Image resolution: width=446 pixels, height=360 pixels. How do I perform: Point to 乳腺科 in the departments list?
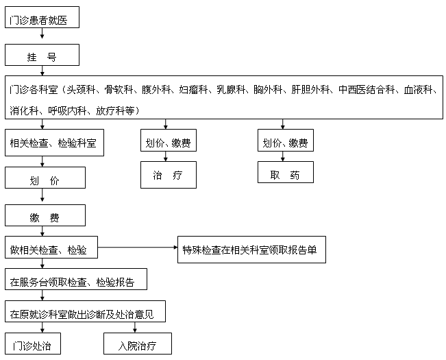click(232, 90)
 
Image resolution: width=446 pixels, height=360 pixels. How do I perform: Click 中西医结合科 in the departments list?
click(368, 90)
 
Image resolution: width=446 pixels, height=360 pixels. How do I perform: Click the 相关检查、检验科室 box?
click(53, 143)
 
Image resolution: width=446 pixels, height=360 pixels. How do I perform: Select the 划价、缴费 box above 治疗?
click(168, 143)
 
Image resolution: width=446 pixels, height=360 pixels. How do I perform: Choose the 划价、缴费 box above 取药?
click(285, 143)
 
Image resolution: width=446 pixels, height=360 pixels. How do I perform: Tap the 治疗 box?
click(168, 176)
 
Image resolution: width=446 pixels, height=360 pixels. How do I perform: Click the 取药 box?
click(285, 175)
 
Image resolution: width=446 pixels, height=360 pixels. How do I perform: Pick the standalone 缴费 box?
click(45, 217)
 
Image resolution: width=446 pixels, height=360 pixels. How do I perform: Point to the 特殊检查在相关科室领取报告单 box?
click(249, 250)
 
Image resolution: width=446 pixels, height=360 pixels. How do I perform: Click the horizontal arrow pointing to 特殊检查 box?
click(137, 247)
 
